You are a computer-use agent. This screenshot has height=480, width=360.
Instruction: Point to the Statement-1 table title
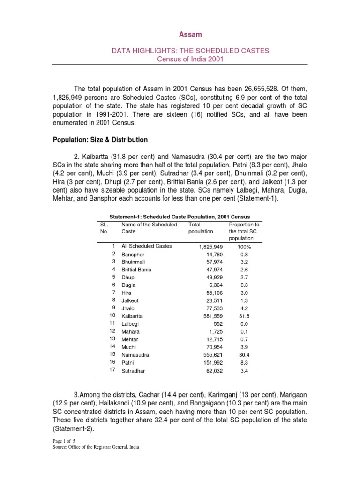[x=180, y=217]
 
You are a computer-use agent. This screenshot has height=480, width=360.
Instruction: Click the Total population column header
[x=200, y=228]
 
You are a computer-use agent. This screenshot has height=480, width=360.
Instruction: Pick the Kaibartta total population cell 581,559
[x=210, y=316]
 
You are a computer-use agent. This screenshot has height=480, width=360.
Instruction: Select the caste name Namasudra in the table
[x=135, y=355]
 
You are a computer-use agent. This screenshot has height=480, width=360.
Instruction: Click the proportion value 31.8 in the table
[x=244, y=316]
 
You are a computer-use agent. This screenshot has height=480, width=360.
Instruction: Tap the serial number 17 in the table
[x=112, y=370]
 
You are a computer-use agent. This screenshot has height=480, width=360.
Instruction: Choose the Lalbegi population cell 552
[x=217, y=324]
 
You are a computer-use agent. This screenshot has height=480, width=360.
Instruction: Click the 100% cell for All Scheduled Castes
[x=244, y=246]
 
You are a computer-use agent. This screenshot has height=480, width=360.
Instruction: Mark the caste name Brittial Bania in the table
[x=136, y=270]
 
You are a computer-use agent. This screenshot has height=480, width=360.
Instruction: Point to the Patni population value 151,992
[x=211, y=363]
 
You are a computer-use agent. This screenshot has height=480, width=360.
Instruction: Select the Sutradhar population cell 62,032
[x=213, y=371]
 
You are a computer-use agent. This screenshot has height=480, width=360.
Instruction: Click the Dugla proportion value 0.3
[x=244, y=285]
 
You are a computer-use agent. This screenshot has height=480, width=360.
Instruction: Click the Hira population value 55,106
[x=213, y=292]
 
